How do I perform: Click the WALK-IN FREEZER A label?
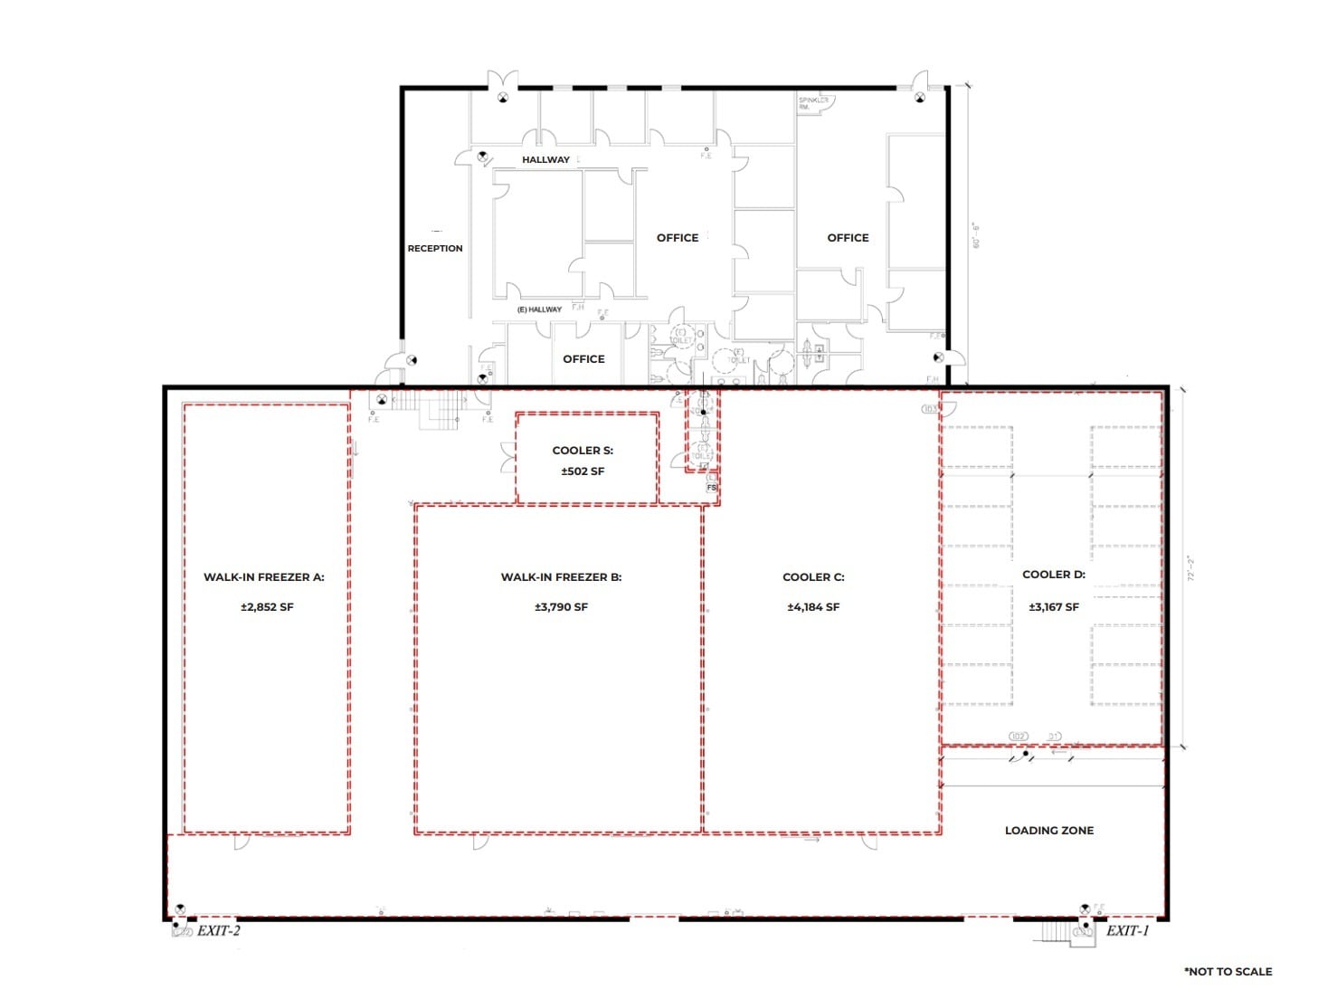point(263,576)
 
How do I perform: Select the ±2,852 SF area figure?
point(267,607)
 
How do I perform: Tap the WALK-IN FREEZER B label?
point(561,576)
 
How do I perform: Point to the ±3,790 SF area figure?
point(561,607)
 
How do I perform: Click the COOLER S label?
point(583,450)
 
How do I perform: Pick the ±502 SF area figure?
point(583,471)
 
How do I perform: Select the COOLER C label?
point(813,576)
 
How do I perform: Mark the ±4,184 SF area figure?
point(813,607)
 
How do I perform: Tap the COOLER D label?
point(1053,574)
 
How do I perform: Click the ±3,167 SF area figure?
point(1053,607)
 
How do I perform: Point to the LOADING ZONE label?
point(1048,830)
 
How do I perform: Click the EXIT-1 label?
point(1127,930)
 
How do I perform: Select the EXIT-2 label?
point(219,930)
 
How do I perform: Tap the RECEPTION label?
point(435,248)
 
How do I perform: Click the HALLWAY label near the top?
point(545,159)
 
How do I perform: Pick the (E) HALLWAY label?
point(539,309)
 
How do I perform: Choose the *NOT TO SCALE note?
point(1228,971)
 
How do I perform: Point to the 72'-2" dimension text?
point(1191,568)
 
